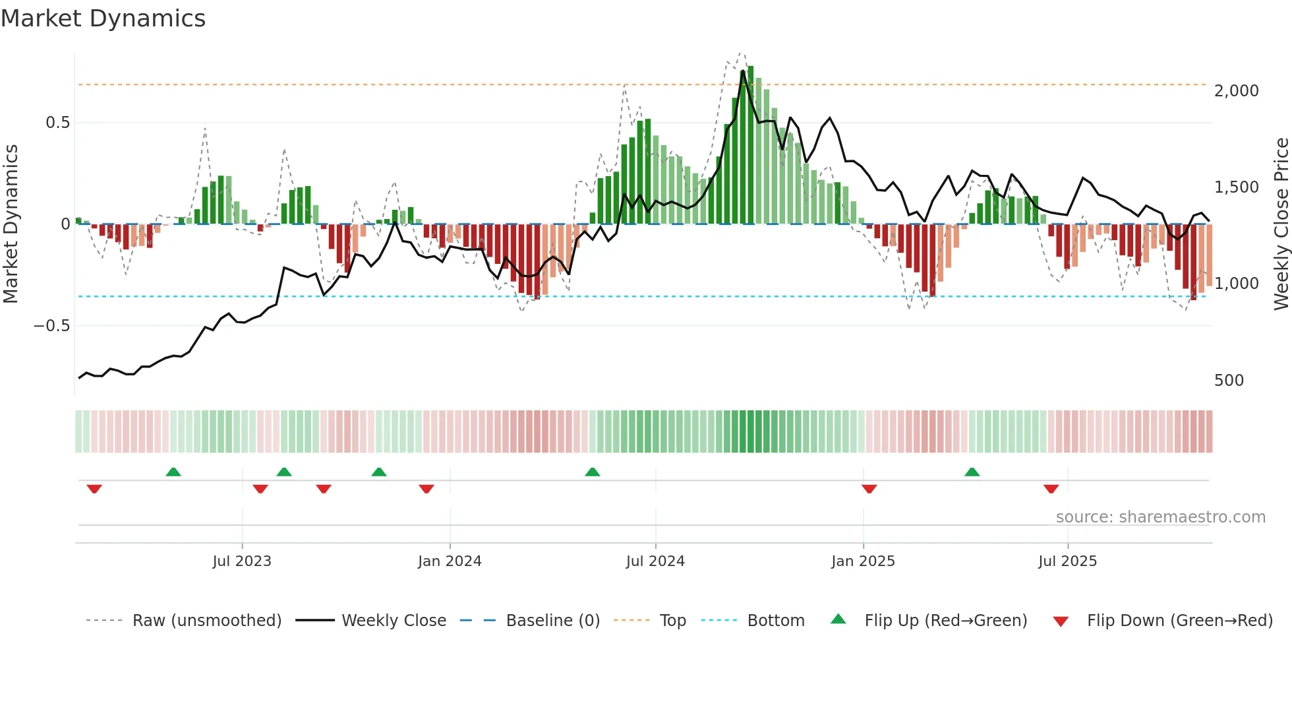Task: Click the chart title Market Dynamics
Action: (103, 18)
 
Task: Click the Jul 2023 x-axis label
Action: (242, 561)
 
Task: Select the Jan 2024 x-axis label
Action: (450, 561)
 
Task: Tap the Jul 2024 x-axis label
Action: (655, 561)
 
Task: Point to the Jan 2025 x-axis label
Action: (863, 561)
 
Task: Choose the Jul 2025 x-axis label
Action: (1067, 561)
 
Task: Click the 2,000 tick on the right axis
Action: (1236, 91)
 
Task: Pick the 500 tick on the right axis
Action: (1229, 381)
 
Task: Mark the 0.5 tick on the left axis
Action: (57, 123)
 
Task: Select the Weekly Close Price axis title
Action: (1281, 224)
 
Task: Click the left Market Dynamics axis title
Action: (11, 224)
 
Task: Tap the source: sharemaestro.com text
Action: (1160, 517)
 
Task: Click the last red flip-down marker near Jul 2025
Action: (1051, 489)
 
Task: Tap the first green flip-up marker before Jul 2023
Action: (173, 472)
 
